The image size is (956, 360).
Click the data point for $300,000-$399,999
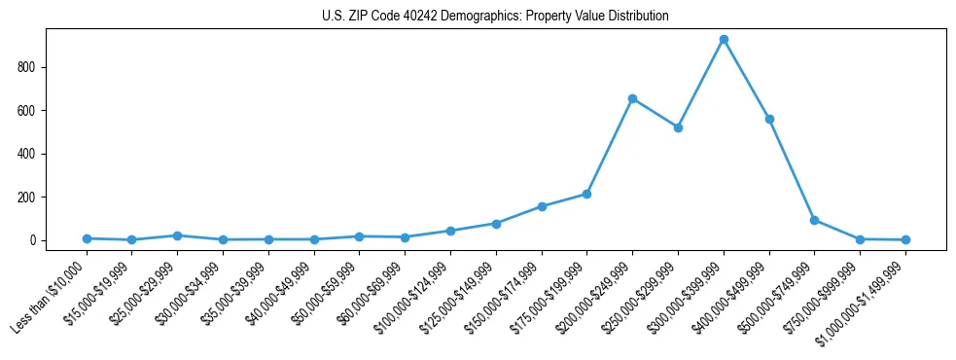(724, 40)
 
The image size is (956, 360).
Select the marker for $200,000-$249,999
(632, 98)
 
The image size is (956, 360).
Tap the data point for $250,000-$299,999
(678, 127)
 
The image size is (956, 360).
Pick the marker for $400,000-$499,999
(769, 119)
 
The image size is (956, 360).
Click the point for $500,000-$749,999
(814, 220)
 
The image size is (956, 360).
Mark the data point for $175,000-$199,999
(587, 194)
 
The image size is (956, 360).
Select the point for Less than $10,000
(87, 238)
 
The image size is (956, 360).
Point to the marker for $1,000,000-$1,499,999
(905, 239)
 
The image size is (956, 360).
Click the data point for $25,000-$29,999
(177, 235)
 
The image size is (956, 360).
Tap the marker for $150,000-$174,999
(542, 206)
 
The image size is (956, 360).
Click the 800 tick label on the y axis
(27, 67)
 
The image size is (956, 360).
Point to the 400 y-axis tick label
(27, 154)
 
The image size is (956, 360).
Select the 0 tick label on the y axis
(32, 240)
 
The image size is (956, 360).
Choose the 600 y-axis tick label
(27, 111)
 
